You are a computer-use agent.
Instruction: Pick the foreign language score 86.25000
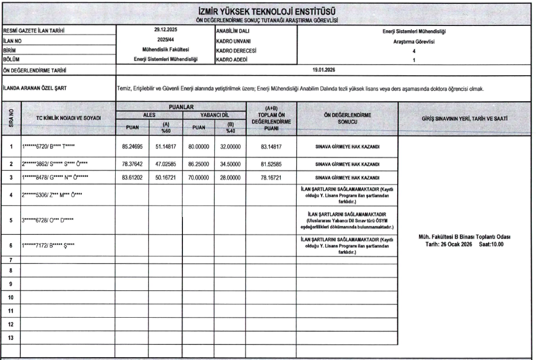click(199, 163)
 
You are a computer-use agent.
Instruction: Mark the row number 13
click(10, 338)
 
